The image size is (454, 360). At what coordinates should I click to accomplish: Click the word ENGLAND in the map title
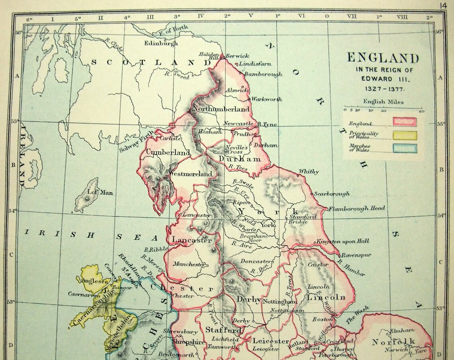coord(383,59)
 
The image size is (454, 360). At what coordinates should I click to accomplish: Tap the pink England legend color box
coord(405,122)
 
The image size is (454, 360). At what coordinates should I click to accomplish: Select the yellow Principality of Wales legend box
coord(405,135)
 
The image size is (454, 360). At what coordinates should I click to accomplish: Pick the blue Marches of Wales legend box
coord(405,149)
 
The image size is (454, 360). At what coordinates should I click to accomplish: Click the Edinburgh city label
coord(161,43)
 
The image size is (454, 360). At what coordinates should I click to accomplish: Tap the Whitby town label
coord(309,172)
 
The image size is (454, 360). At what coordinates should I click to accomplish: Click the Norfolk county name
coord(393,341)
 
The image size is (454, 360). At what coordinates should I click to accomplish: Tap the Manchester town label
coord(189,264)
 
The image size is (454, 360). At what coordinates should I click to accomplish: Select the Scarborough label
coord(332,194)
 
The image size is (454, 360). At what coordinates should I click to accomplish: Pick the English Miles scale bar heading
coord(383,102)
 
